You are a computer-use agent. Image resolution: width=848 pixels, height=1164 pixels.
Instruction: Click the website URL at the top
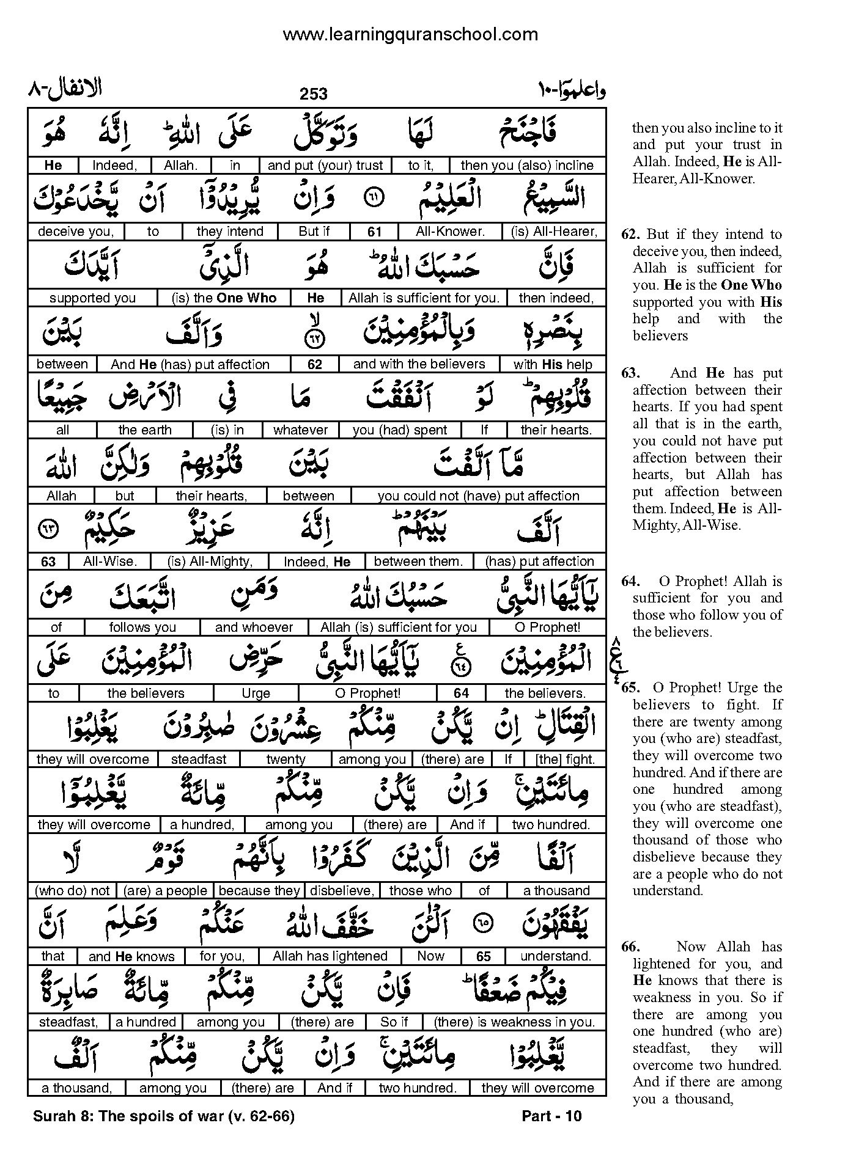[410, 35]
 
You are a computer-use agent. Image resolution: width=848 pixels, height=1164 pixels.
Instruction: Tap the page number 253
[314, 93]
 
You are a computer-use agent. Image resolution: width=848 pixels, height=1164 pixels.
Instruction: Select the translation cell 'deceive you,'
[76, 232]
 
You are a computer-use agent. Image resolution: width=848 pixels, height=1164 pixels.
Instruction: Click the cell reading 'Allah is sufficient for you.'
[424, 298]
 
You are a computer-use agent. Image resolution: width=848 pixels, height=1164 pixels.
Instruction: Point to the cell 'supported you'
[92, 298]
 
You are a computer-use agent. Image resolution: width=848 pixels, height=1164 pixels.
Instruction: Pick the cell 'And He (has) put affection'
[190, 365]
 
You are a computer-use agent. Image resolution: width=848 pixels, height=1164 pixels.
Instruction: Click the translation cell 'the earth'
[145, 430]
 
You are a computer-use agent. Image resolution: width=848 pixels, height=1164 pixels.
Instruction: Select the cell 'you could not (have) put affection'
[478, 496]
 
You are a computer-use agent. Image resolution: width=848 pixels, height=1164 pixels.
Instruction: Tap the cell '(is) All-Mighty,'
[210, 562]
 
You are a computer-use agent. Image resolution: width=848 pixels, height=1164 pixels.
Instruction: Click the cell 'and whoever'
[254, 628]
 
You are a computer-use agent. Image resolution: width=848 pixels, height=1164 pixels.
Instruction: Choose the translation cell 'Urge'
[256, 694]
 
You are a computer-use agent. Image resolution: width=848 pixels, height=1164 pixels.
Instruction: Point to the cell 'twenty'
[286, 760]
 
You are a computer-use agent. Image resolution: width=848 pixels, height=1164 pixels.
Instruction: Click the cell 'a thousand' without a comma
[556, 891]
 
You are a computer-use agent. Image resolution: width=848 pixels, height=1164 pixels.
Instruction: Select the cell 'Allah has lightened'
[330, 956]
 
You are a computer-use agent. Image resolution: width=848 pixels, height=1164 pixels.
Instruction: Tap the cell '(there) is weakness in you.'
[514, 1022]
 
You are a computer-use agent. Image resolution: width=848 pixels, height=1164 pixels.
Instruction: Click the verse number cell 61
[374, 232]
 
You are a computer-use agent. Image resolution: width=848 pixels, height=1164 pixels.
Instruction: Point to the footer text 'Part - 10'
[551, 1116]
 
